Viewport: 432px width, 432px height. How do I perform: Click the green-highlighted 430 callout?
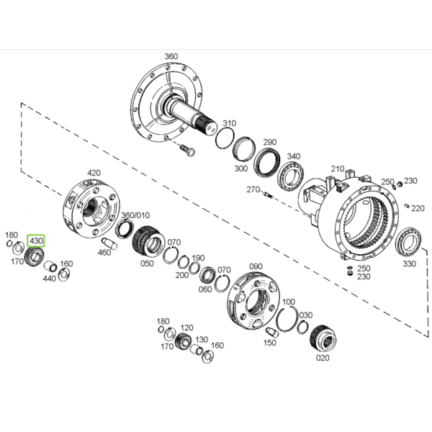point(36,241)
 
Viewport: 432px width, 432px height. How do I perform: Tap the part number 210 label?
point(338,168)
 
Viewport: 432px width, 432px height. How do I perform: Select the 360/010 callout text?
point(135,215)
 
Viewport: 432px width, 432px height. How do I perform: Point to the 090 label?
point(256,266)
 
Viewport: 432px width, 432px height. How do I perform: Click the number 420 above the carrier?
point(94,173)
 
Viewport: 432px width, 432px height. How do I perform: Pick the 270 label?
point(253,189)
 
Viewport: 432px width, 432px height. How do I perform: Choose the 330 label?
point(409,264)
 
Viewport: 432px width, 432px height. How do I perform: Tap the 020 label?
point(323,358)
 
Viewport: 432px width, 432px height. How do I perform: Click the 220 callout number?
point(418,208)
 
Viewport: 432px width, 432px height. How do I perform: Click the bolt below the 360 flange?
point(187,150)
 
